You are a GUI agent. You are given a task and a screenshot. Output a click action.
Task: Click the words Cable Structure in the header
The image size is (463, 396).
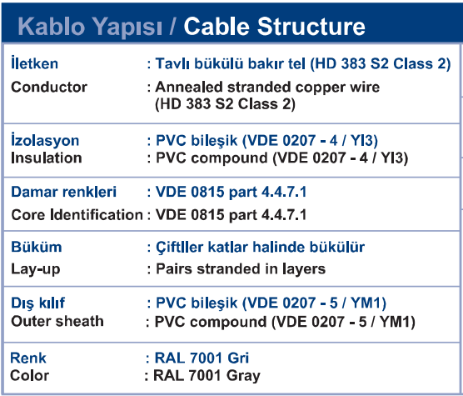[274, 27]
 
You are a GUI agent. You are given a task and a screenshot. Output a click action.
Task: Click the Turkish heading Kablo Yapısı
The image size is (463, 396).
[90, 28]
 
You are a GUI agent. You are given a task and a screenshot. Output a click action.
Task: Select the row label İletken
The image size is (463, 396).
[34, 63]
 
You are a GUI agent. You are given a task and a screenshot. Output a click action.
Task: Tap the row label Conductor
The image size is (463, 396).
[49, 87]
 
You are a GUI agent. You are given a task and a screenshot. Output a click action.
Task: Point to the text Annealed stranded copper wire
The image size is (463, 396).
[267, 87]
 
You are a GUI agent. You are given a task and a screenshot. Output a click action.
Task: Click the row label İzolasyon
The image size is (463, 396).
[45, 140]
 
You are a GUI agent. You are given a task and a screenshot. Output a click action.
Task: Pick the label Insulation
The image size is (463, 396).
[47, 158]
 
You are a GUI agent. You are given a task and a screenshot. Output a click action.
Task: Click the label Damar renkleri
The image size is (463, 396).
[64, 192]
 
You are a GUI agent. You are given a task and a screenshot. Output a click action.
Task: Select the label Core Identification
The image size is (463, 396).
[77, 214]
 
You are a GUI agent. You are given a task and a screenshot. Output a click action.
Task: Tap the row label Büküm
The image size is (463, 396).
[37, 247]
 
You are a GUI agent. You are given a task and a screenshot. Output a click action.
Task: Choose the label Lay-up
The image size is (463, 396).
[36, 269]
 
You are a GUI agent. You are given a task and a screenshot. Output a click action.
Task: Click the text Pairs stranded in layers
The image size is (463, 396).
[241, 269]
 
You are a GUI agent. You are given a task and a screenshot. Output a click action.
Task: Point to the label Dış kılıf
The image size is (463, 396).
[37, 303]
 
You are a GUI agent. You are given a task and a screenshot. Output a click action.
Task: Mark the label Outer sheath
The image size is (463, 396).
[57, 321]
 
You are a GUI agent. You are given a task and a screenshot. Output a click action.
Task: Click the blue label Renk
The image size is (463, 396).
[28, 358]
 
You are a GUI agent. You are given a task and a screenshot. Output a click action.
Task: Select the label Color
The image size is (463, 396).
[29, 375]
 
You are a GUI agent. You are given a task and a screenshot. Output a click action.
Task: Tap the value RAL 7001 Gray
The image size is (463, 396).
[207, 376]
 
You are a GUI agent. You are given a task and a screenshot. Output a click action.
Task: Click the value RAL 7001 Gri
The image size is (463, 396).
[202, 358]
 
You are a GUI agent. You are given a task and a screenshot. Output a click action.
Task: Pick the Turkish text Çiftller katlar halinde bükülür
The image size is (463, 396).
[260, 248]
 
